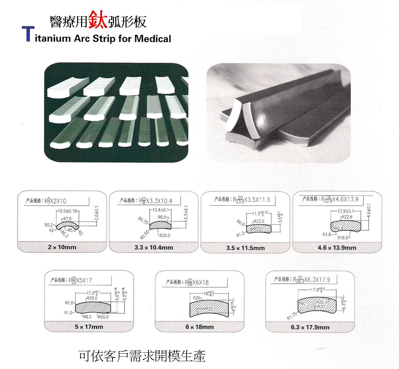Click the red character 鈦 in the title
click(x=98, y=20)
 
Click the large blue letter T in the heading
click(x=28, y=34)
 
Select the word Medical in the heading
click(x=152, y=38)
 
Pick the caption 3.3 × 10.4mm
click(x=153, y=247)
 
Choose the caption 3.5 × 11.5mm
click(x=245, y=248)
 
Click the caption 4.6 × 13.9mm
click(x=337, y=247)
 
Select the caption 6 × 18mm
click(x=199, y=327)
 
